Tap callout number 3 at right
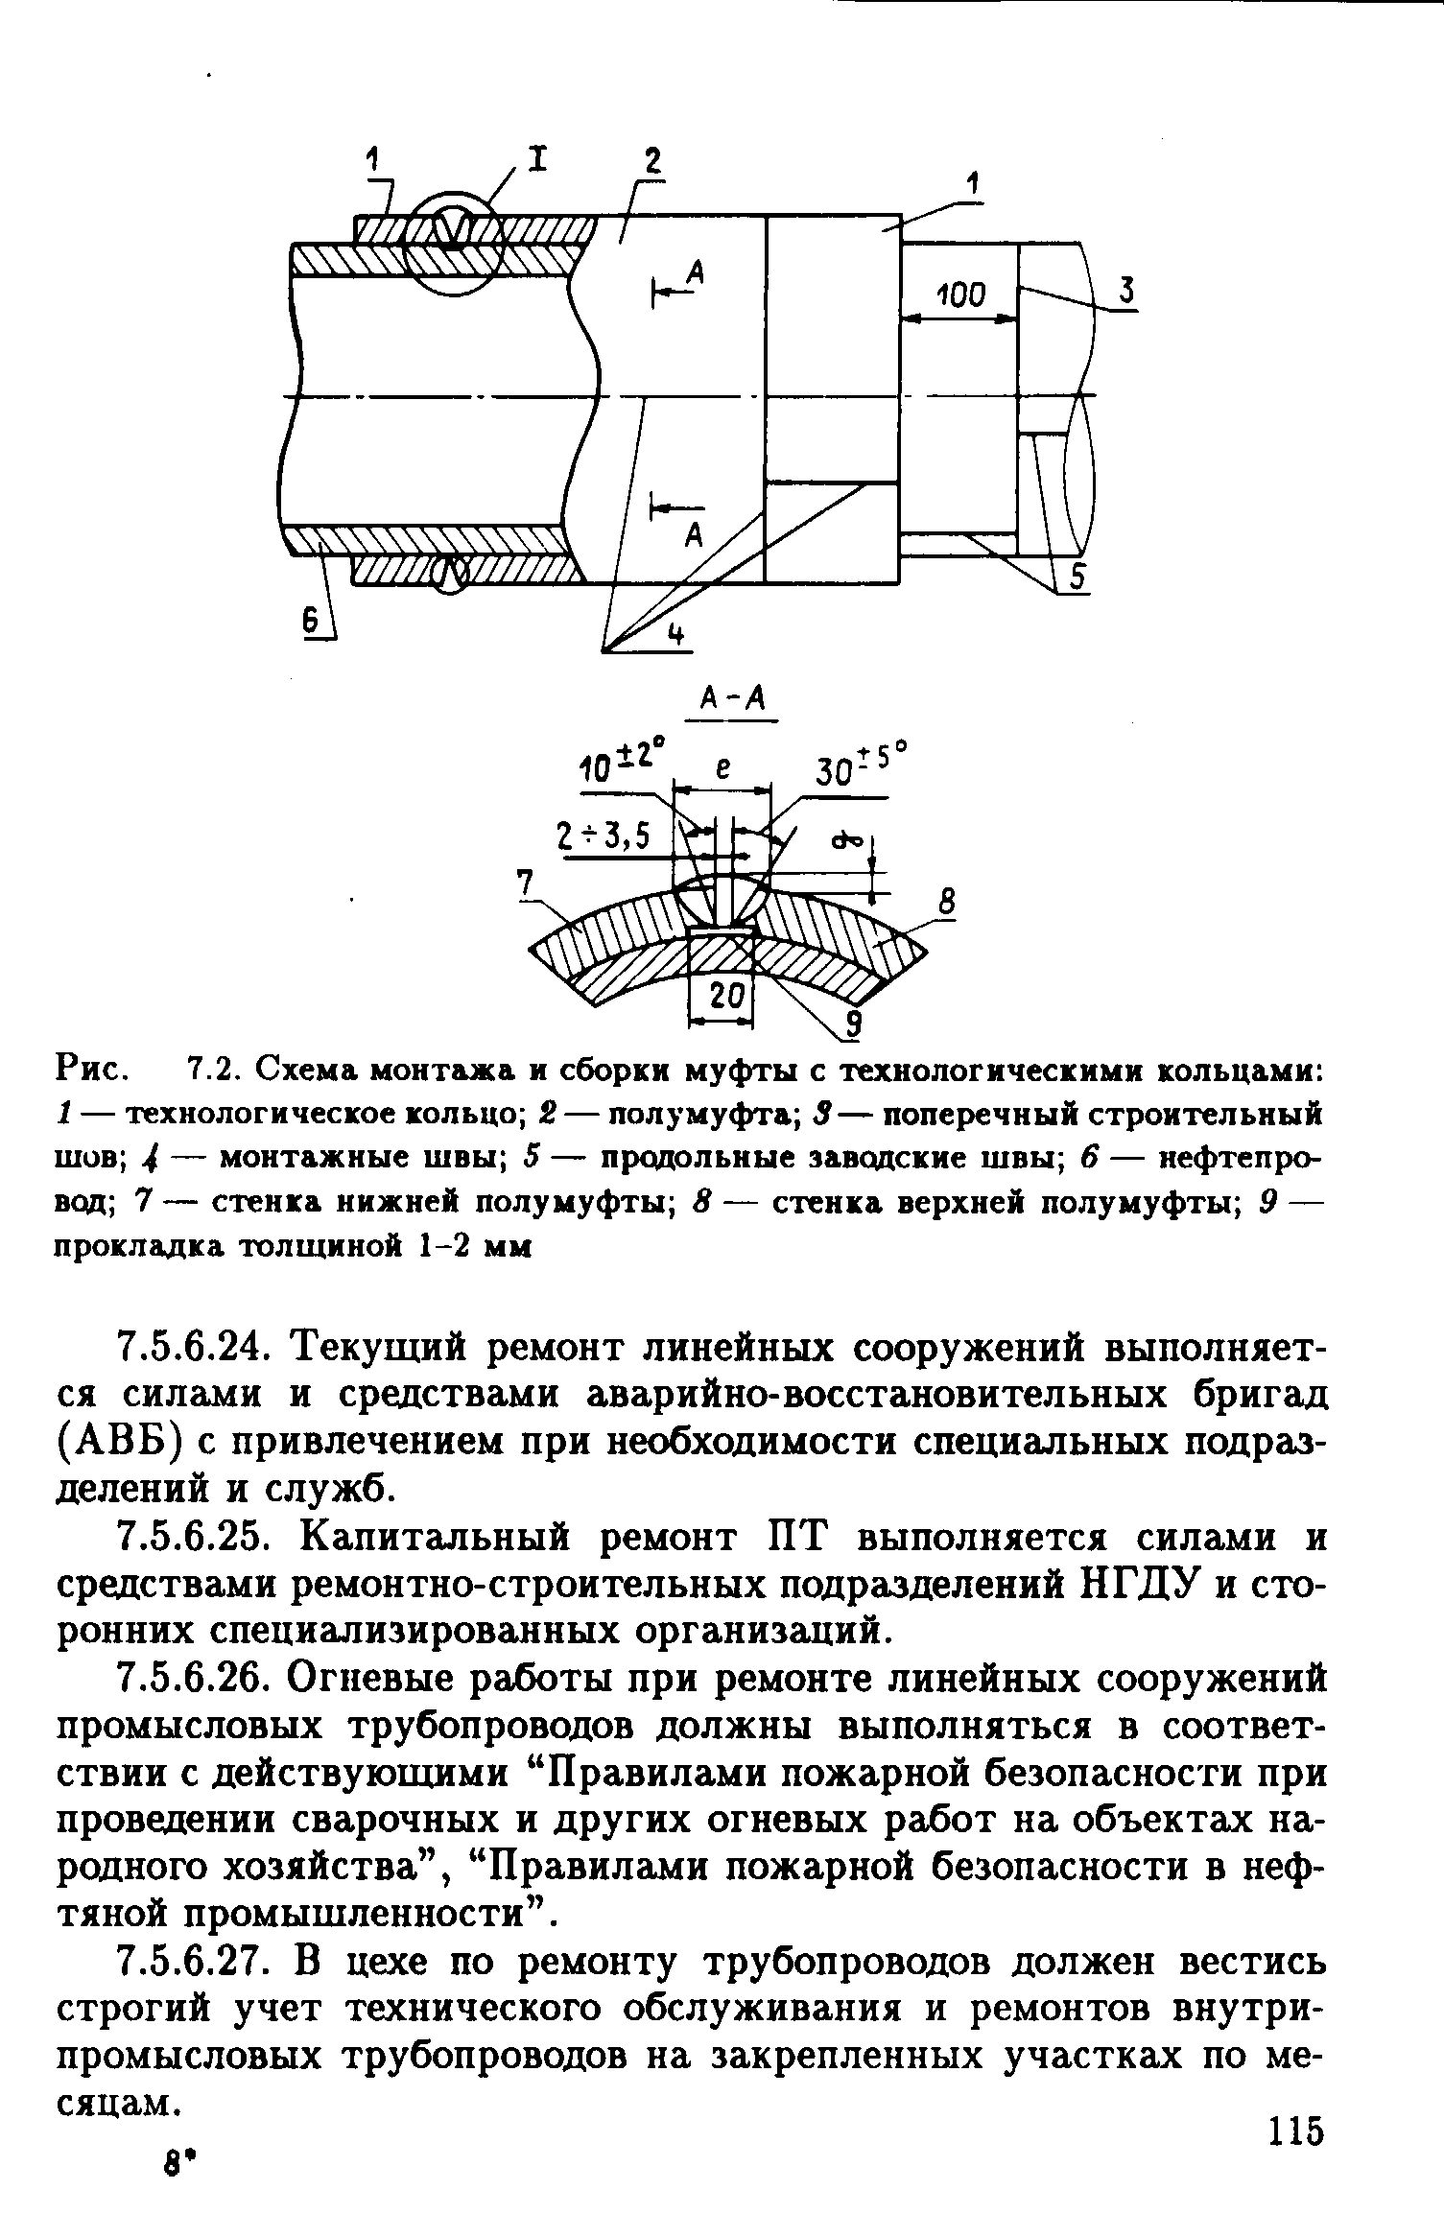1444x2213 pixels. point(1127,291)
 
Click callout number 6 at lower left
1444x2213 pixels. point(312,623)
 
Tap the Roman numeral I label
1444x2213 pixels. point(538,158)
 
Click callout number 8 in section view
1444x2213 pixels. point(947,903)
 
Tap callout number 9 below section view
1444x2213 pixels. point(853,1024)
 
